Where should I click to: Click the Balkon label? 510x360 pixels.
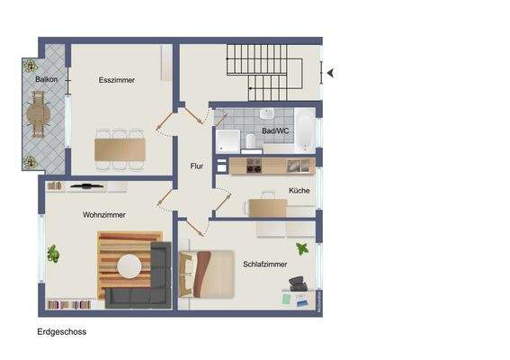[47, 80]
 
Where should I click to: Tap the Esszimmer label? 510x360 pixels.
[117, 80]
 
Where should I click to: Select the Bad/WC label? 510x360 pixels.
[274, 131]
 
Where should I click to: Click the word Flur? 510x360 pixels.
[197, 166]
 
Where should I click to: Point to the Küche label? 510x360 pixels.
[299, 191]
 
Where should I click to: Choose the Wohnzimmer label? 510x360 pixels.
[103, 215]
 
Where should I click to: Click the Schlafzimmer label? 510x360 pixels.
[264, 265]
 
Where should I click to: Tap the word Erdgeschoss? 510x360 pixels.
[61, 331]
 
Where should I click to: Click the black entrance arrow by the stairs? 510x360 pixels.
[330, 73]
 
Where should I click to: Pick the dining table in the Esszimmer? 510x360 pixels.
[120, 148]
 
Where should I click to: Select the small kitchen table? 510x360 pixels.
[267, 207]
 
